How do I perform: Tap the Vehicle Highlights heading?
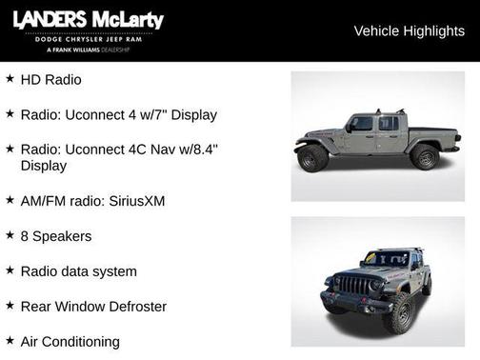409,30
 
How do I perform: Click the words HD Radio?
50,80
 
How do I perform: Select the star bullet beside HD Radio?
10,79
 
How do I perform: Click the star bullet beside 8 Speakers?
10,235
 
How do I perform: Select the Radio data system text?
78,271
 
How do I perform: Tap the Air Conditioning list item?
70,341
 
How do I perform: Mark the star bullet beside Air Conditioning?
10,340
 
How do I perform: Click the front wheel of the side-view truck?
313,158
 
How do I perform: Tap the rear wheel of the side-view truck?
425,157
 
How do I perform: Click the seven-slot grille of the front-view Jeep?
354,285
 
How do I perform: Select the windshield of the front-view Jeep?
386,258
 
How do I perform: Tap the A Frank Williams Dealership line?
89,49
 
